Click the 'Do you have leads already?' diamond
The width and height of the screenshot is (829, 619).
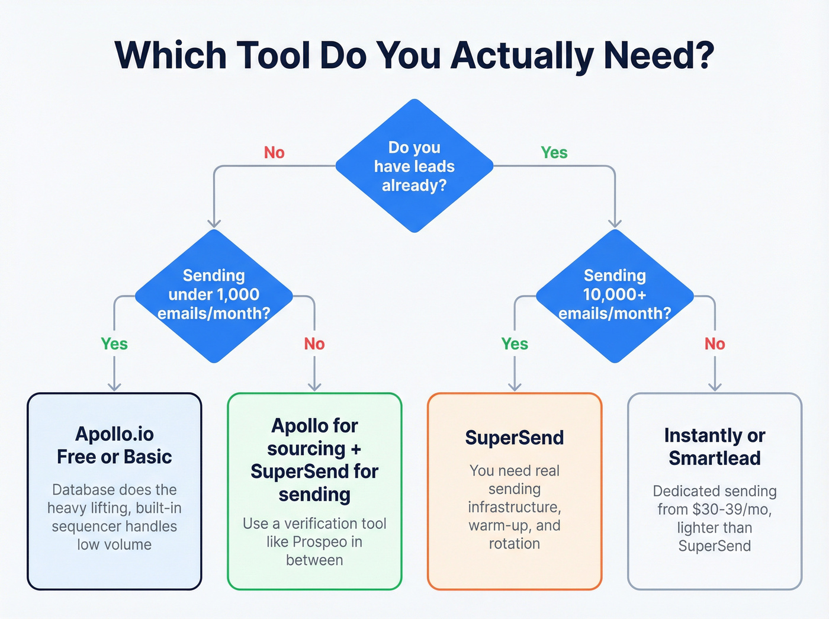[415, 166]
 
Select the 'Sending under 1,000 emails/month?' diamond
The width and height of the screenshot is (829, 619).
[214, 295]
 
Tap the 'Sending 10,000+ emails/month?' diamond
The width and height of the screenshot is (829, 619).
[615, 295]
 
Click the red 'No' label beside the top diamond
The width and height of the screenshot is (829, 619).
[274, 153]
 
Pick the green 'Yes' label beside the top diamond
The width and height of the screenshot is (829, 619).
[554, 153]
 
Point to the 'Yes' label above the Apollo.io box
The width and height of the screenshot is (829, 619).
[114, 344]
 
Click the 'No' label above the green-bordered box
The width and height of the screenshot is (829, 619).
[314, 344]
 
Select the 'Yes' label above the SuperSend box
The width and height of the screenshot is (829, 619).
[515, 344]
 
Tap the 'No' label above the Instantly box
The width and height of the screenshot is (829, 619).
[715, 344]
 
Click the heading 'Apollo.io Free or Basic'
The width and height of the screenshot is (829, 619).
[114, 445]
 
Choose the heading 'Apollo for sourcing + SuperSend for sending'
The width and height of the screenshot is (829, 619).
[314, 460]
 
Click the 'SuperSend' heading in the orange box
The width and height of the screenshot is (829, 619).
[515, 438]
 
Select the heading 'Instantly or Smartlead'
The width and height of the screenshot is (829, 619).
[715, 447]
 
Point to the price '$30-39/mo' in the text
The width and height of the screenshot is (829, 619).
[732, 509]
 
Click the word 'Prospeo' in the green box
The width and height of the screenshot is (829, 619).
[320, 542]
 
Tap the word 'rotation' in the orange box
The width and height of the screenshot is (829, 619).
[515, 544]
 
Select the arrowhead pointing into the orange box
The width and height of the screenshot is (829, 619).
[515, 387]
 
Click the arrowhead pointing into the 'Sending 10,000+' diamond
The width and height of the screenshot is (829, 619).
[615, 223]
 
